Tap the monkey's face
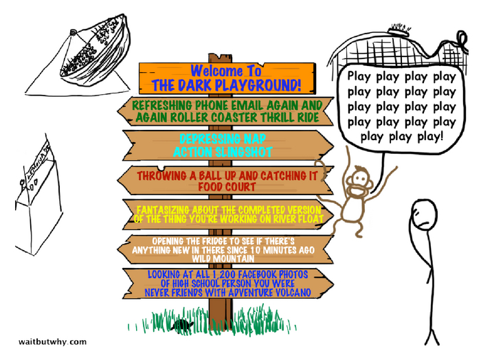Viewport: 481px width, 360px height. click(359, 183)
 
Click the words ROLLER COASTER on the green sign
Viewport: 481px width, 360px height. click(227, 118)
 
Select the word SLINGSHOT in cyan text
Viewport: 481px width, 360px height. click(244, 152)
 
